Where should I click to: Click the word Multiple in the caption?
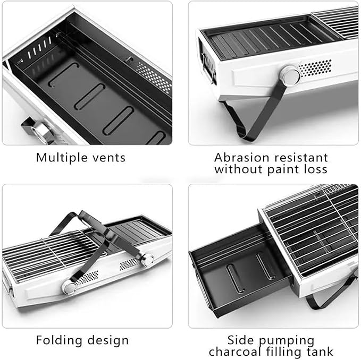(62, 158)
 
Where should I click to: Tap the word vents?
(109, 158)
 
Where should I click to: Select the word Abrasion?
(241, 158)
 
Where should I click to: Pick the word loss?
(315, 169)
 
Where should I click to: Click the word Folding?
(59, 341)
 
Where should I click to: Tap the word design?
(108, 341)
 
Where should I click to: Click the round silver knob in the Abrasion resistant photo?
(290, 75)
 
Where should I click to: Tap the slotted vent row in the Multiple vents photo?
(39, 48)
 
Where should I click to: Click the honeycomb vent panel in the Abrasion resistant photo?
(315, 68)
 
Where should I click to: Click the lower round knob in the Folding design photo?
(69, 287)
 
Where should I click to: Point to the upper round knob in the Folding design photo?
(147, 260)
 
